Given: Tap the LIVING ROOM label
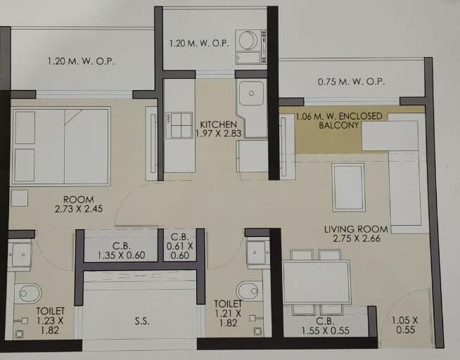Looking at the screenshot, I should click(356, 234).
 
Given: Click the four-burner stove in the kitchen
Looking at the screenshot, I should click(179, 125).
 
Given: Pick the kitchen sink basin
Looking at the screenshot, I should click(250, 93).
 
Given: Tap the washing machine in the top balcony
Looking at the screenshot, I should click(248, 40).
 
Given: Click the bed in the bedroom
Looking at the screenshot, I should click(62, 146).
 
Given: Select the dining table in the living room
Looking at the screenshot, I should click(316, 282).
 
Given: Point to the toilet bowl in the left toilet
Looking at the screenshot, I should click(27, 292).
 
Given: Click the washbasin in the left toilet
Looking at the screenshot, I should click(20, 254).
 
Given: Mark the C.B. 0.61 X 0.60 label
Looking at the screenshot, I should click(180, 246).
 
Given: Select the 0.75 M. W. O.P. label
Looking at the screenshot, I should click(351, 82).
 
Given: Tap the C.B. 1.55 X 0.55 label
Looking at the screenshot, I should click(325, 324).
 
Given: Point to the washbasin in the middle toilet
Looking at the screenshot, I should click(257, 252).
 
